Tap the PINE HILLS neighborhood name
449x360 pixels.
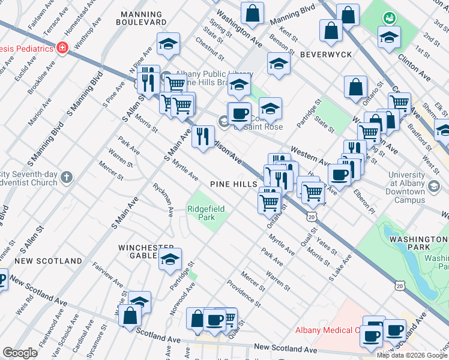pos(234,184)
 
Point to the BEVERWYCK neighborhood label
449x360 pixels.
pos(326,54)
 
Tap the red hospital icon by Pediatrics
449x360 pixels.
pos(61,48)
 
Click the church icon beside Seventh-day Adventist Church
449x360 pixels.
pos(66,178)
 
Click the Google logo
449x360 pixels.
pos(20,353)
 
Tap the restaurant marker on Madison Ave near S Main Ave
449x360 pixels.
pos(203,136)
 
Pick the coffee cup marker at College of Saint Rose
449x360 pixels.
pos(240,113)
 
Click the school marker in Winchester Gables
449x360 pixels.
pos(170,259)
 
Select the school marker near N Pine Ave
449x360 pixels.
pos(169,43)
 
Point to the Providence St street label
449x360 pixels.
pos(243,293)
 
